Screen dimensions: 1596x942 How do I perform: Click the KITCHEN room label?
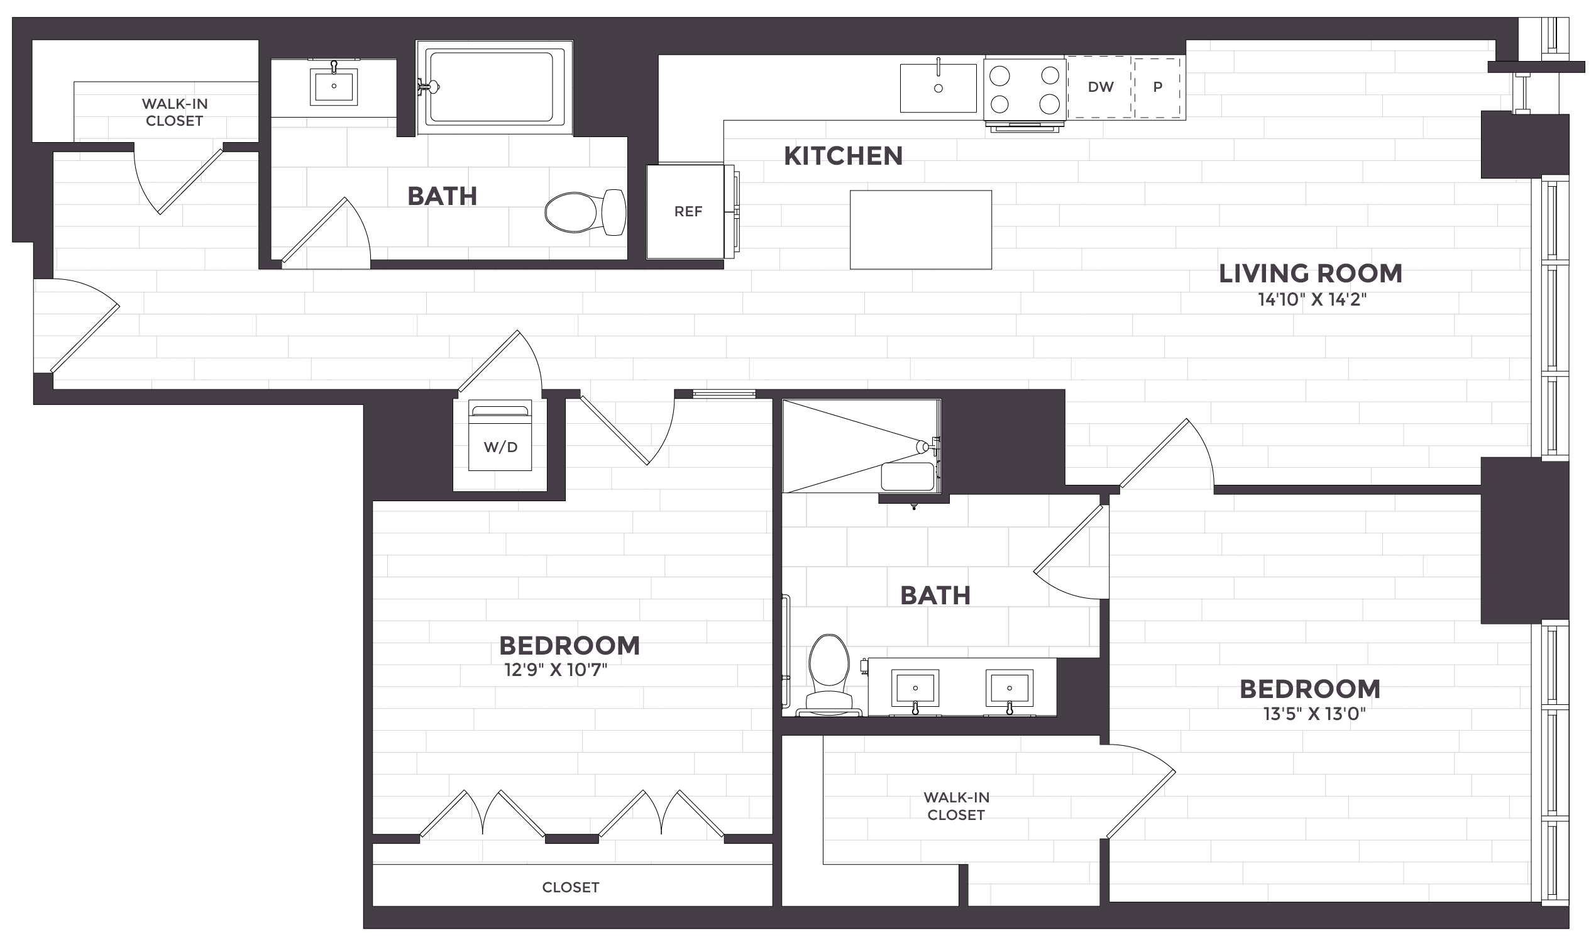(843, 156)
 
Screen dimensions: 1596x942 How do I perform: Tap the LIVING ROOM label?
(1311, 274)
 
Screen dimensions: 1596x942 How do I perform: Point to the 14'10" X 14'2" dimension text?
(1312, 299)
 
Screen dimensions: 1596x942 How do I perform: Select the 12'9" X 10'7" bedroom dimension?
(556, 670)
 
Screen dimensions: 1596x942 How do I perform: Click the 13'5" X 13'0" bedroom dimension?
(1314, 714)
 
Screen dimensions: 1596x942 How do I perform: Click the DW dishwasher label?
(1101, 87)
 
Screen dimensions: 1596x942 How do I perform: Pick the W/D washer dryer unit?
(500, 435)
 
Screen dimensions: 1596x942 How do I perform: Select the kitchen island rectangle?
(920, 230)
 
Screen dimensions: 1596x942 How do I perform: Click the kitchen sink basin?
(938, 88)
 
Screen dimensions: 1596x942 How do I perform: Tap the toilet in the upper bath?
(585, 213)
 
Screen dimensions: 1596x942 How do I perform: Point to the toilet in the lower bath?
(829, 675)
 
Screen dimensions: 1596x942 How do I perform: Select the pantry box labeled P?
(1158, 87)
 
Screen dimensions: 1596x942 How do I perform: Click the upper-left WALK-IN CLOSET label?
(175, 113)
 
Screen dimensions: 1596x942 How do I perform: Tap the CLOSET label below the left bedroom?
(570, 887)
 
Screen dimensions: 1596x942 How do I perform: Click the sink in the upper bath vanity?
(334, 86)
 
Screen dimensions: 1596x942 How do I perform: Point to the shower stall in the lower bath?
(861, 446)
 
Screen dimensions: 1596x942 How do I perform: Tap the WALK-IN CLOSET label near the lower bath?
(956, 806)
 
